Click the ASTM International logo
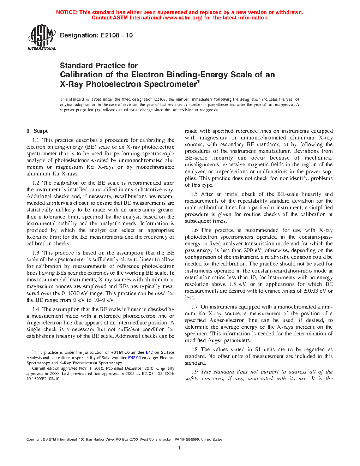click(x=41, y=37)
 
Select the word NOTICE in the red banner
click(x=66, y=12)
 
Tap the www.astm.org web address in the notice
click(x=182, y=18)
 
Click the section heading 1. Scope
click(x=37, y=131)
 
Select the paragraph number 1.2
click(x=36, y=183)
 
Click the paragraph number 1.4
click(x=36, y=309)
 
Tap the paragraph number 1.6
click(x=194, y=230)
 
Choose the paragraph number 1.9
click(x=194, y=372)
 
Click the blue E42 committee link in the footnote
click(x=149, y=352)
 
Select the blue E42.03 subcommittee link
click(x=134, y=358)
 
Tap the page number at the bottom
click(x=180, y=448)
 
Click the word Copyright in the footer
click(x=34, y=440)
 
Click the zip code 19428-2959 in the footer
click(x=190, y=440)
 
